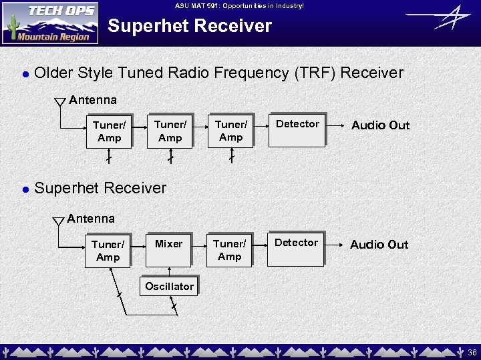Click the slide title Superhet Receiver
click(x=190, y=27)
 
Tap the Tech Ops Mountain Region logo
click(x=50, y=23)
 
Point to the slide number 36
click(x=472, y=351)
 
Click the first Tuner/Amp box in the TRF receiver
click(x=109, y=131)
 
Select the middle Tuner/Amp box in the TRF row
click(x=170, y=131)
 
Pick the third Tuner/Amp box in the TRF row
click(x=230, y=130)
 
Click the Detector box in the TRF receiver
click(x=297, y=130)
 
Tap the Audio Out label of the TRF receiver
click(x=380, y=125)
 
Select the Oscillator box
click(x=169, y=287)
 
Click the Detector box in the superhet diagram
click(x=296, y=249)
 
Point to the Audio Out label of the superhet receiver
click(x=379, y=245)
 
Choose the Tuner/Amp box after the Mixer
click(x=229, y=250)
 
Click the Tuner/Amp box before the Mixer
click(x=108, y=251)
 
